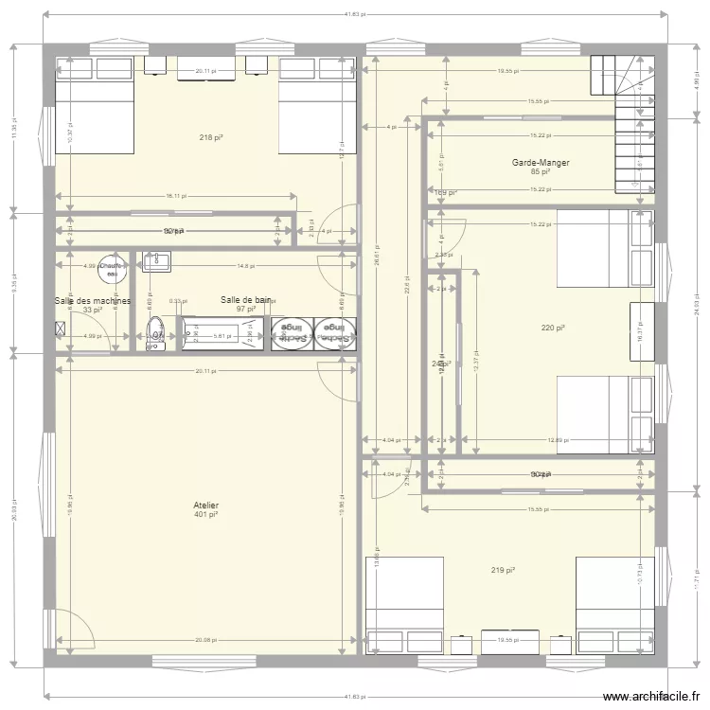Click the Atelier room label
point(205,506)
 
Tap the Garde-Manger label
point(541,163)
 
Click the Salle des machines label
point(92,301)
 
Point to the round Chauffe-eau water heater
point(112,268)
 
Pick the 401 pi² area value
point(205,515)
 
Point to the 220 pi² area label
point(553,328)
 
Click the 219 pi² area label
point(503,570)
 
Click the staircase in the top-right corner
point(625,123)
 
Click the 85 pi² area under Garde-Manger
point(541,172)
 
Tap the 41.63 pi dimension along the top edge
point(354,15)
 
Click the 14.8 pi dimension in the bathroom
point(244,266)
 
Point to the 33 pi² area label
point(92,311)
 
